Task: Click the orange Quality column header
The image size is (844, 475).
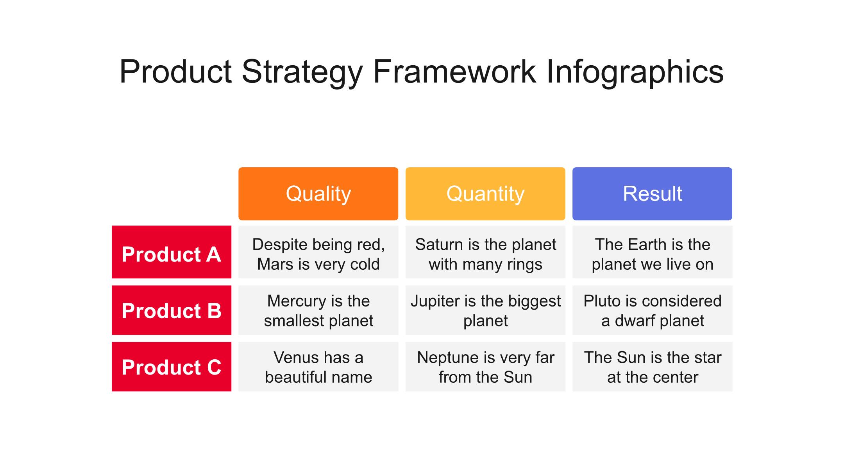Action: click(x=318, y=194)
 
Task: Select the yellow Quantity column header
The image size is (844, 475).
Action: click(x=485, y=194)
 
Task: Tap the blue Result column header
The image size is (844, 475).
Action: click(x=652, y=194)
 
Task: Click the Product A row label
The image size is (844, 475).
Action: click(x=172, y=252)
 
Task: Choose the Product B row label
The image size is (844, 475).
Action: click(x=172, y=310)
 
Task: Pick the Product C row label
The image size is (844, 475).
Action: click(x=172, y=367)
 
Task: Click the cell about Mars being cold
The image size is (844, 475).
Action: click(x=318, y=252)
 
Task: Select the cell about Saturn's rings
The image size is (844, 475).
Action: click(x=485, y=252)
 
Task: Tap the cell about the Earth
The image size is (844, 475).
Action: click(x=652, y=252)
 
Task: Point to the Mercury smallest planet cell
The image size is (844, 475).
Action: click(x=318, y=310)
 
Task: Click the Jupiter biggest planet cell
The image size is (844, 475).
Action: click(x=485, y=310)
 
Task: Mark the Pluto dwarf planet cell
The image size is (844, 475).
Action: click(x=652, y=310)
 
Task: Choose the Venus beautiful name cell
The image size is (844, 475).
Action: click(x=318, y=367)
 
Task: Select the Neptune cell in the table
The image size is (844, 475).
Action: click(x=485, y=367)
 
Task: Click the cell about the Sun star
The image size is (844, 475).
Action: click(x=652, y=367)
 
